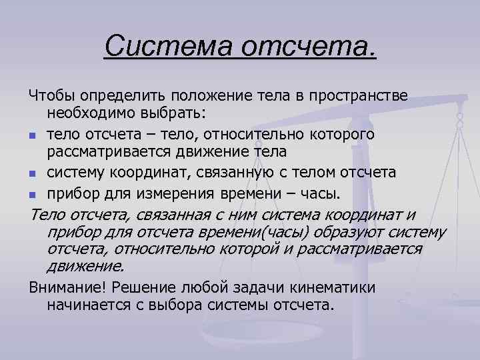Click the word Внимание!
pyautogui.click(x=67, y=288)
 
